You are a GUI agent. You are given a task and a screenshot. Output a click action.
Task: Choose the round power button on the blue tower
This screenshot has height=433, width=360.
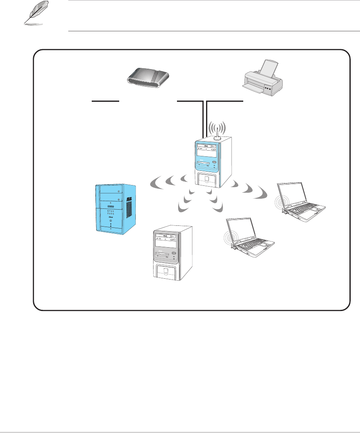(x=110, y=221)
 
